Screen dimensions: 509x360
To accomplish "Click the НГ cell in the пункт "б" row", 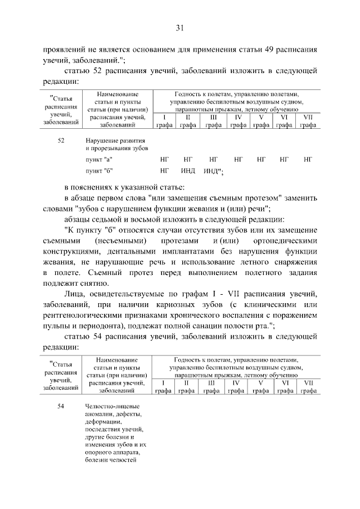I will pos(164,170).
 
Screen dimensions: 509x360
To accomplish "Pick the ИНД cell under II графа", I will pos(188,170).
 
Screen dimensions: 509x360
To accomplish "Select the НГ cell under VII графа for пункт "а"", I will pos(307,160).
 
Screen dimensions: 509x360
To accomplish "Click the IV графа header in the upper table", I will pos(238,121).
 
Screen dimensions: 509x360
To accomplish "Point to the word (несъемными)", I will pos(127,241).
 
